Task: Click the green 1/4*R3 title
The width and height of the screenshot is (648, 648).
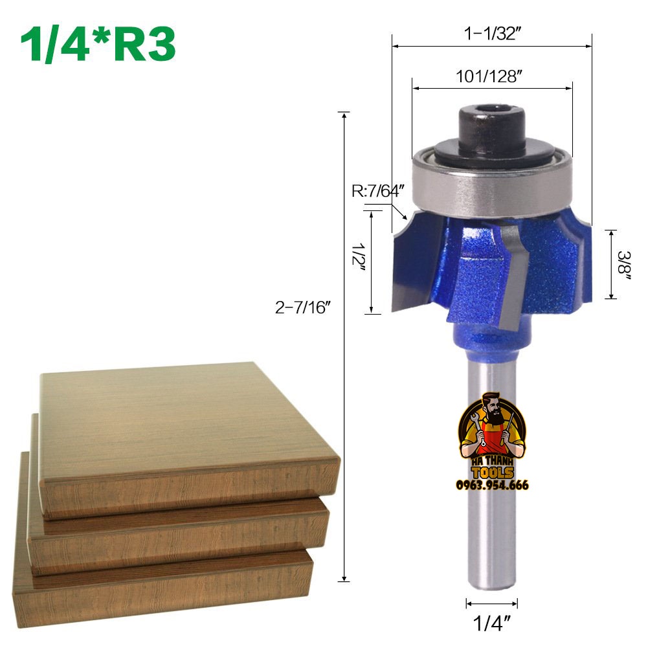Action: tap(98, 44)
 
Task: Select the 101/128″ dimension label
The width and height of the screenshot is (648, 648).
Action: tap(489, 76)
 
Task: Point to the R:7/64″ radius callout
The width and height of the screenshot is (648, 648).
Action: tap(377, 191)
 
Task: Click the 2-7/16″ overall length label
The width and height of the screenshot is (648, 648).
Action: tap(303, 307)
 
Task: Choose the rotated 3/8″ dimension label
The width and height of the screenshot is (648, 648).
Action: tap(624, 264)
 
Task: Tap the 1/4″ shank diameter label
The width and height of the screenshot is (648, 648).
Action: tap(491, 623)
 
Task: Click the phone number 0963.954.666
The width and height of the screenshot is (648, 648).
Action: tap(492, 485)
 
